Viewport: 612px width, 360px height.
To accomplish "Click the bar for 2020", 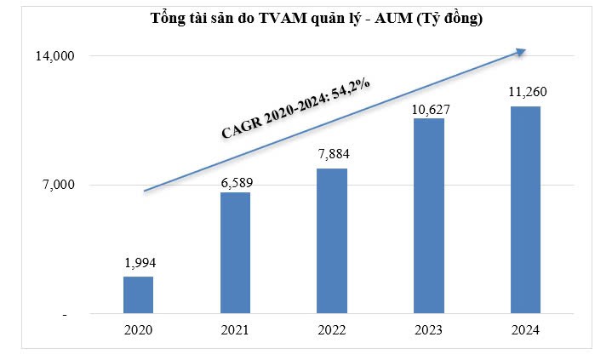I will pos(138,295).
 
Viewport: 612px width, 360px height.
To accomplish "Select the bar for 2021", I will pos(235,254).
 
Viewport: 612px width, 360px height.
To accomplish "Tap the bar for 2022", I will pos(331,242).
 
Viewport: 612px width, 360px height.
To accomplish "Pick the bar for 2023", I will pos(428,216).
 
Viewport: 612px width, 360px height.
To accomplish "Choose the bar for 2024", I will pos(525,210).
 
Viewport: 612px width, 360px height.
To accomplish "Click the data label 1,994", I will pos(139,263).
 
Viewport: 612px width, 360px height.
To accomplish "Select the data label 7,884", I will pos(332,155).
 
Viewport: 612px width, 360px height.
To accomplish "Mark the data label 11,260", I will pos(526,92).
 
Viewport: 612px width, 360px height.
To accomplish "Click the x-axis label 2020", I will pos(139,330).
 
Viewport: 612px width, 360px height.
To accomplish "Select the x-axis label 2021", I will pos(236,330).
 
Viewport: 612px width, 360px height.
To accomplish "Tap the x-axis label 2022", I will pos(332,330).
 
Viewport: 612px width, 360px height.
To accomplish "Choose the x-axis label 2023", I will pos(429,330).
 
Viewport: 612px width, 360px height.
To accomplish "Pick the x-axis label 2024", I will pos(526,330).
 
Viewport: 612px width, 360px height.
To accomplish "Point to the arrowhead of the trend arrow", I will pos(522,50).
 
